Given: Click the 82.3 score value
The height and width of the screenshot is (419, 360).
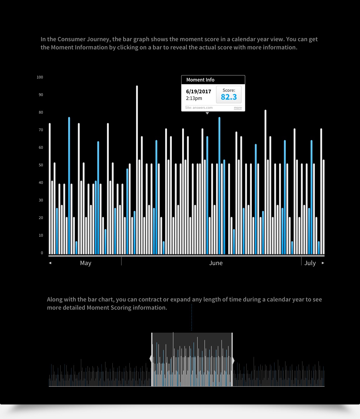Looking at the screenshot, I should (x=229, y=97).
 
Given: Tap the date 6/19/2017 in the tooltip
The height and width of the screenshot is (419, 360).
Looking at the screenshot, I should (x=198, y=91).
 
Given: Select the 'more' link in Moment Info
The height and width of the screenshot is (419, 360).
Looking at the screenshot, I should (x=238, y=108).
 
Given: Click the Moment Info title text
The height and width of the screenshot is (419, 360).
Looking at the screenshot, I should (x=200, y=80).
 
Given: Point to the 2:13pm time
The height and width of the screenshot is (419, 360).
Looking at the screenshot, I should (x=194, y=98).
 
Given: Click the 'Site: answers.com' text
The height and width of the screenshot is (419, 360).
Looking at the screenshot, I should (x=199, y=108).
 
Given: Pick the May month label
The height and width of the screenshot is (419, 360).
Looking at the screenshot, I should (x=85, y=263).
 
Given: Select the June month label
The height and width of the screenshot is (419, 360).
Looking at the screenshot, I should (x=216, y=263).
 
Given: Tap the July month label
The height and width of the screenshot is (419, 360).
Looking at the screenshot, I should (x=310, y=263).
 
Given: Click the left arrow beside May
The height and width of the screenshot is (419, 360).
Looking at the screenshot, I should (x=50, y=263).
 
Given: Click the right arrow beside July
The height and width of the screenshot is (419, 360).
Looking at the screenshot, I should (x=323, y=263).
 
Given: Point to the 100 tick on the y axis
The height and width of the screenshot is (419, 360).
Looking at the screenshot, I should (x=40, y=77).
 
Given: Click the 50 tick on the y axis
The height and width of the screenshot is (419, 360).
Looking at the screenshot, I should (x=41, y=165).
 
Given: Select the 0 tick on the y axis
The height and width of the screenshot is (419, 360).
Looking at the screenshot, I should (x=42, y=253).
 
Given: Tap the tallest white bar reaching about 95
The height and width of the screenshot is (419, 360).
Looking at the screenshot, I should (x=137, y=170).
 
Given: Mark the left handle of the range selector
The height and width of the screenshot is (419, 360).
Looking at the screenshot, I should (x=151, y=360).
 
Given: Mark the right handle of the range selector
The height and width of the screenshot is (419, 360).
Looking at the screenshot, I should (x=233, y=361).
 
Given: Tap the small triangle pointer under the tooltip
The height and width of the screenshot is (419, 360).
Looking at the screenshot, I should (x=207, y=113).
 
